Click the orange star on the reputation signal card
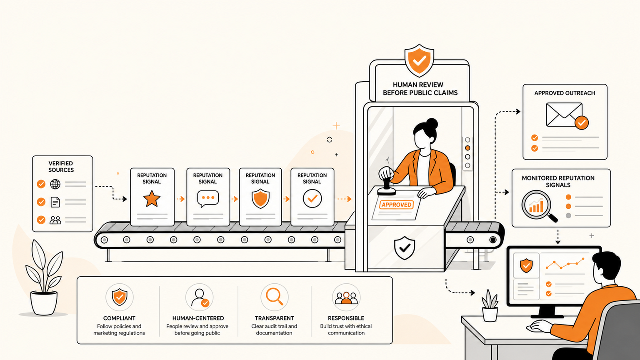(x=152, y=199)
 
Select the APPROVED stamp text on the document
(x=396, y=205)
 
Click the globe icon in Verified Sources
(x=55, y=184)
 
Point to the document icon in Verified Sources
(x=55, y=202)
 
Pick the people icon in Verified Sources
(x=55, y=220)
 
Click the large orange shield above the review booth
(x=419, y=60)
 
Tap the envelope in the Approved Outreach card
(x=564, y=115)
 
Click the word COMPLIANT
(x=119, y=318)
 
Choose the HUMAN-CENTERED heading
(x=198, y=318)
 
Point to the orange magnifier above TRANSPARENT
(x=274, y=297)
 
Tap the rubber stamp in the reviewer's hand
(x=387, y=186)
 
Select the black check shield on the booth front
(x=404, y=248)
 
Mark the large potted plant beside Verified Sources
(x=44, y=277)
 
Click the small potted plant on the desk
(x=490, y=305)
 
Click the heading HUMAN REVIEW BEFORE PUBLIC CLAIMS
(x=420, y=89)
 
